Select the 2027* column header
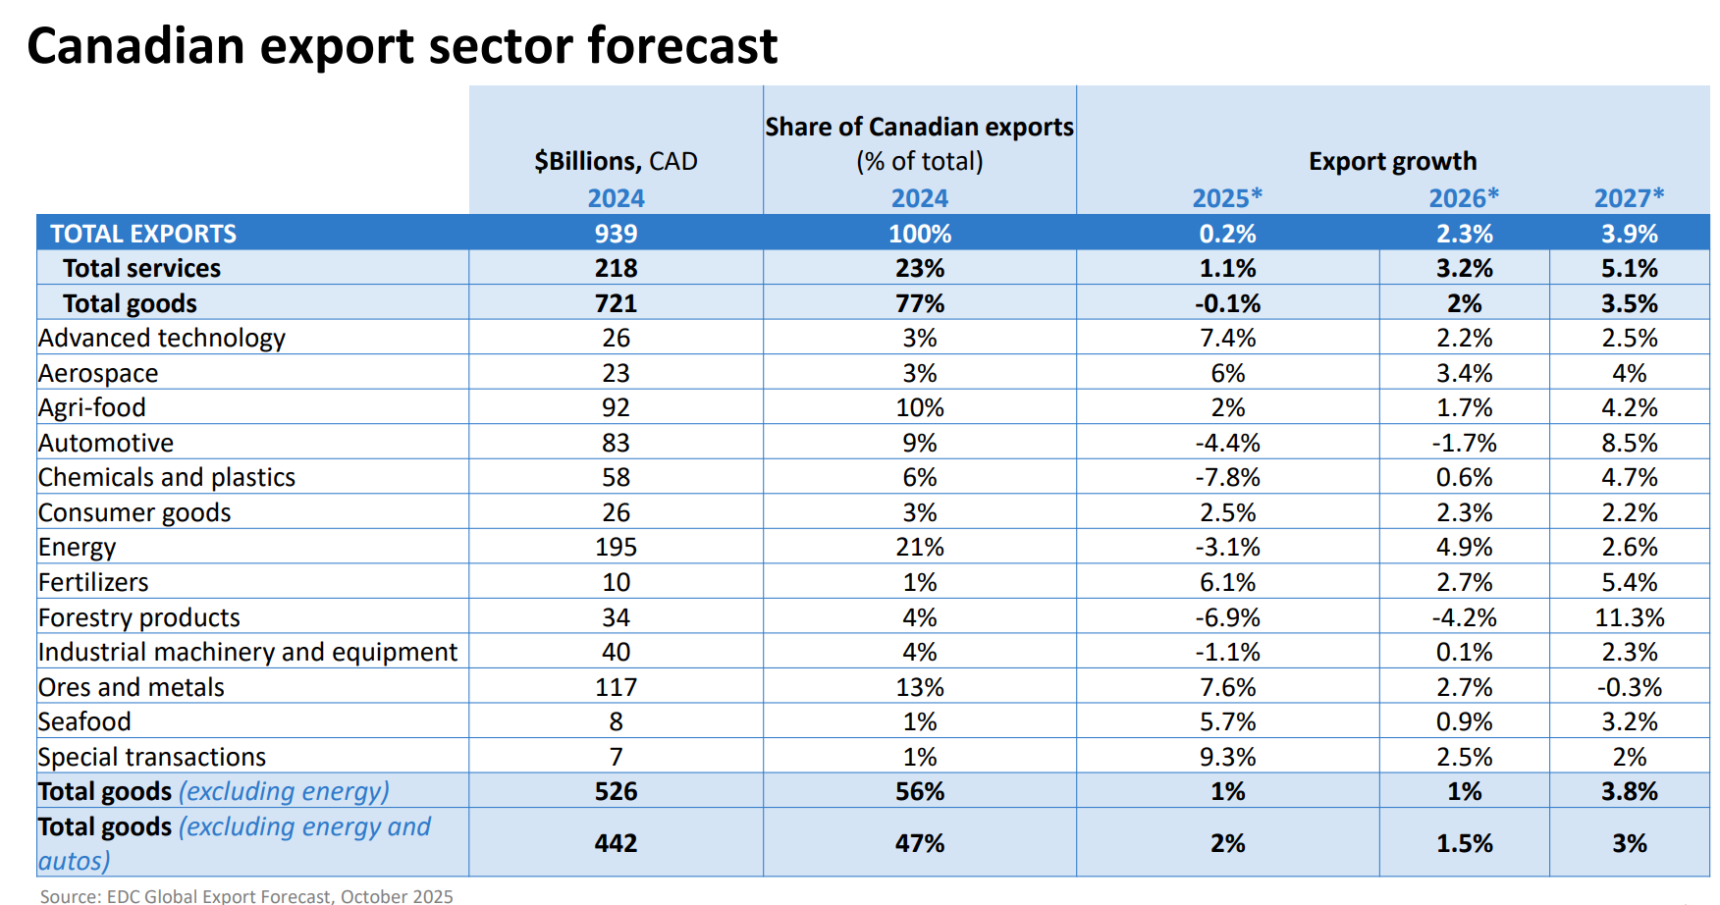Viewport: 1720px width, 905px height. click(x=1629, y=198)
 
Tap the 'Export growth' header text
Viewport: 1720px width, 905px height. click(x=1392, y=161)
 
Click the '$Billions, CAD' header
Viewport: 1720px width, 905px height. click(x=616, y=161)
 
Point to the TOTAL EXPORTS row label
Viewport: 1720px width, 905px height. click(x=143, y=234)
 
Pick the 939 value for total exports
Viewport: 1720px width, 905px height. click(x=616, y=234)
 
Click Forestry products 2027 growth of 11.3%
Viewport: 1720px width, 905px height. click(x=1629, y=617)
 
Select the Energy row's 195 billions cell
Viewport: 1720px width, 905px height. click(x=616, y=547)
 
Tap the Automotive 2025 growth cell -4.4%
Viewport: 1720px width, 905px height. click(x=1227, y=443)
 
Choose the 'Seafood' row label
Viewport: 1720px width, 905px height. click(x=84, y=721)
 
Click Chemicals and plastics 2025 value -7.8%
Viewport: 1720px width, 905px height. click(x=1227, y=477)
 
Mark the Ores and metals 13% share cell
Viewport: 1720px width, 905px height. click(x=919, y=687)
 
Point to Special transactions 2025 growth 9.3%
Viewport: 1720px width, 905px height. click(x=1227, y=757)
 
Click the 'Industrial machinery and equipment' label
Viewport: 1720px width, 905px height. click(x=247, y=652)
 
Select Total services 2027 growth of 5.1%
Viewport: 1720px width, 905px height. click(x=1629, y=268)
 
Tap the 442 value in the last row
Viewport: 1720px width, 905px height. click(x=616, y=843)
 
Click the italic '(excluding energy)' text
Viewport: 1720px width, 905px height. click(x=284, y=791)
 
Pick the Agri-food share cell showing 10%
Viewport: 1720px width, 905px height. click(x=919, y=407)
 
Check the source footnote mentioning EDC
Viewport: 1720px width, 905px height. click(x=246, y=895)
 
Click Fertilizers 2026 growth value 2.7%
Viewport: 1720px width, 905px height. click(x=1464, y=582)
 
